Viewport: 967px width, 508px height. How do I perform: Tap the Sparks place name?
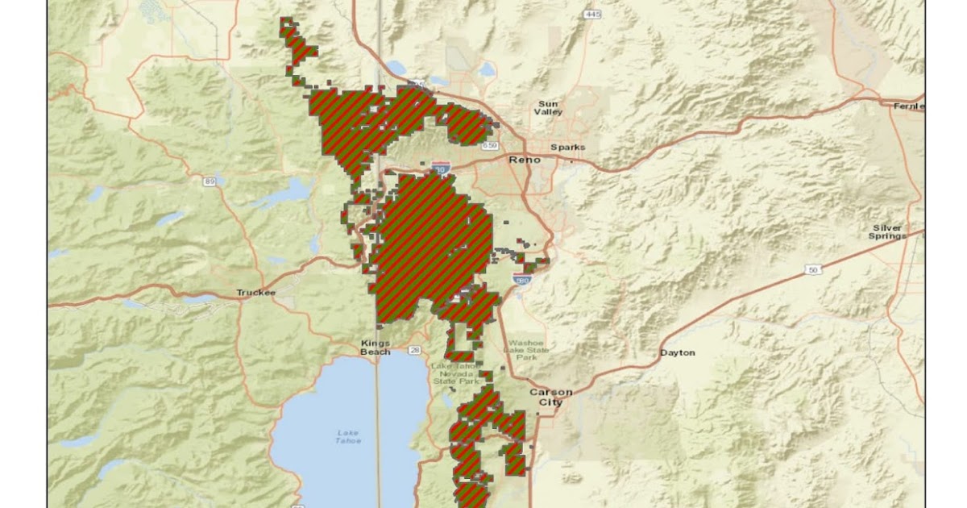coord(567,147)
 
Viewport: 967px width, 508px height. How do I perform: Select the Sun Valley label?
coord(548,108)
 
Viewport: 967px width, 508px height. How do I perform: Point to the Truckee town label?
coord(256,293)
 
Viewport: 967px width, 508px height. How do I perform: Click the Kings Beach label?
coord(376,348)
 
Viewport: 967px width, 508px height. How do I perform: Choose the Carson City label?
coord(551,397)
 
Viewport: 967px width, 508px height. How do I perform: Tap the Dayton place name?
coord(677,352)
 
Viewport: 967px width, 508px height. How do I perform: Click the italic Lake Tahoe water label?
coord(348,436)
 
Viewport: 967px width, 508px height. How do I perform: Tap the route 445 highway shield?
coord(593,15)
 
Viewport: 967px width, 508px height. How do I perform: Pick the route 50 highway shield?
coord(814,269)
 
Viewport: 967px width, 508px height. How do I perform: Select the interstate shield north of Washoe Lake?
coord(522,280)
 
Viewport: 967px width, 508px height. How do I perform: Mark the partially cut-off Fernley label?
coord(909,106)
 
